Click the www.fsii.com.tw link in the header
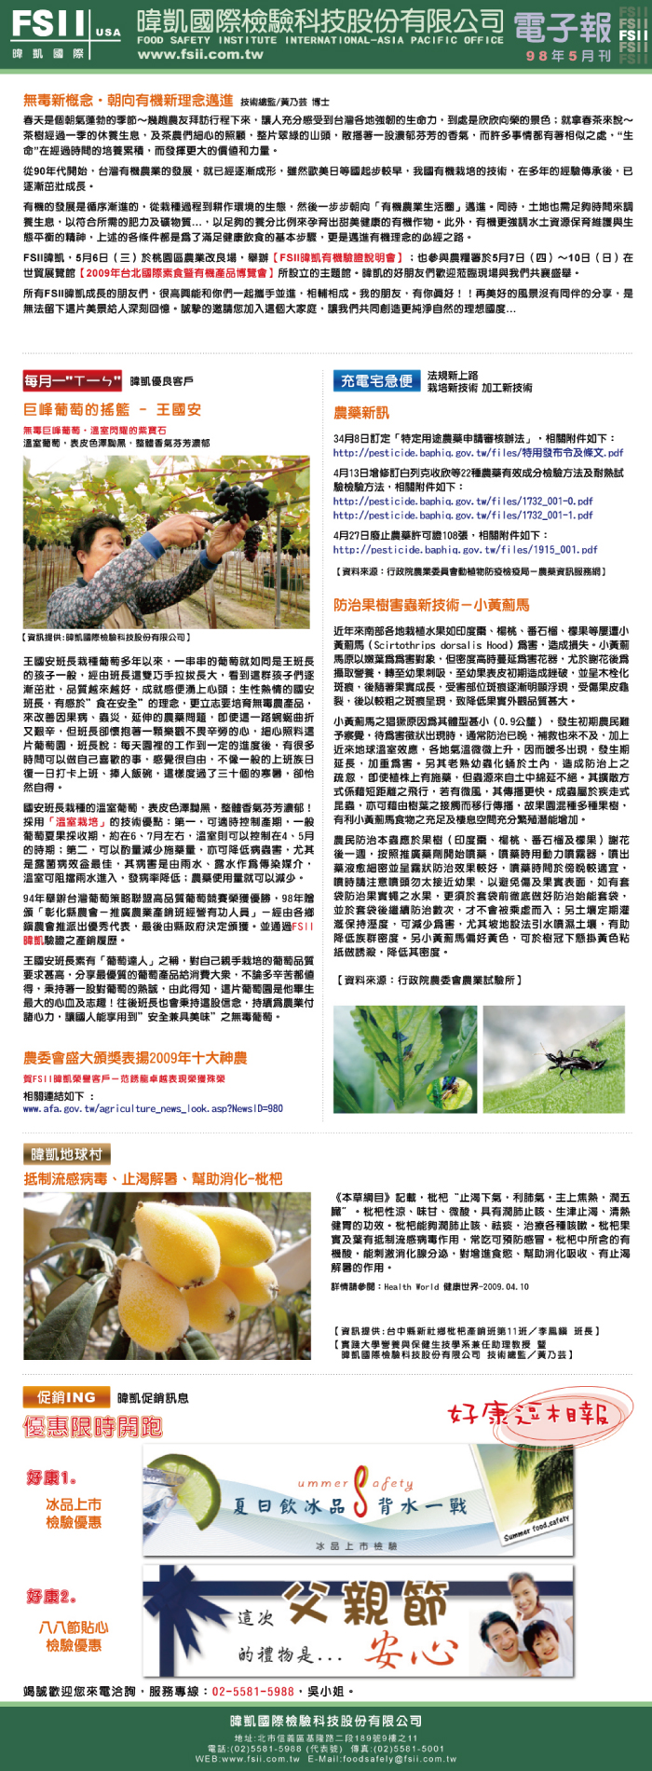(x=200, y=54)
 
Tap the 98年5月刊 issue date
(x=568, y=56)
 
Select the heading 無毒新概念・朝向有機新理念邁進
(x=128, y=101)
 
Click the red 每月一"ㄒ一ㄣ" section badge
(x=73, y=380)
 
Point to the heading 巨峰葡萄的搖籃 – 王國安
(x=112, y=409)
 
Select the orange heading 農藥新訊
(x=361, y=413)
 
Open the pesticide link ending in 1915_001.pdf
(x=466, y=550)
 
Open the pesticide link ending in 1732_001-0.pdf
(x=463, y=501)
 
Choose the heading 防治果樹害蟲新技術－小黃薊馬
(x=431, y=605)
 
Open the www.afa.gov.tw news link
(x=153, y=1108)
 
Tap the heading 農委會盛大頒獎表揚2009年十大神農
(x=135, y=1058)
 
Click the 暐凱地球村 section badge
(x=66, y=1154)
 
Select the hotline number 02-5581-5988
(x=253, y=1691)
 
